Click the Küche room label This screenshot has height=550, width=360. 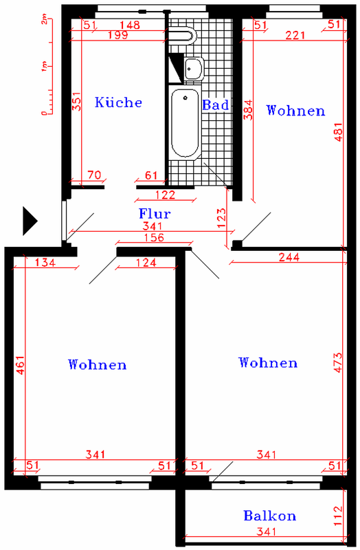pos(118,102)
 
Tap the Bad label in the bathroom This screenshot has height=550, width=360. pos(216,104)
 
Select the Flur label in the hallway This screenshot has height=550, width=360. pos(155,213)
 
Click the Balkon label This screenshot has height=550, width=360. pos(269,516)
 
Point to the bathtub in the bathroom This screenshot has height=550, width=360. pos(185,123)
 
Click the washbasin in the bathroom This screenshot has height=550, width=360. pos(193,68)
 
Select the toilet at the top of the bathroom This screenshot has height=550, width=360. pos(182,36)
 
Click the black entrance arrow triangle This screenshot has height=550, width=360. pos(30,221)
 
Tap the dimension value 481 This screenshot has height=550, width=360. pos(338,131)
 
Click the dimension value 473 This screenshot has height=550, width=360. pos(338,362)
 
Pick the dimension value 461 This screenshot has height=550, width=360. pos(21,365)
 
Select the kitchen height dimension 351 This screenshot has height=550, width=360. pos(76,101)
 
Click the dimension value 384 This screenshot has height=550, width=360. pos(248,110)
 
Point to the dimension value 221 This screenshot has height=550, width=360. pos(295,35)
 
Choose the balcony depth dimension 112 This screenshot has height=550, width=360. pos(338,516)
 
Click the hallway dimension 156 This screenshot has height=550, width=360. pos(154,237)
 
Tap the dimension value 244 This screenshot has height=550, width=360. pos(289,257)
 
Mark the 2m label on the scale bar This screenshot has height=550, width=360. pos(44,21)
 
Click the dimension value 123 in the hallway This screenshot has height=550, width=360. pos(221,218)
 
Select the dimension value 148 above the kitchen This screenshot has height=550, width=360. pos(130,25)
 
